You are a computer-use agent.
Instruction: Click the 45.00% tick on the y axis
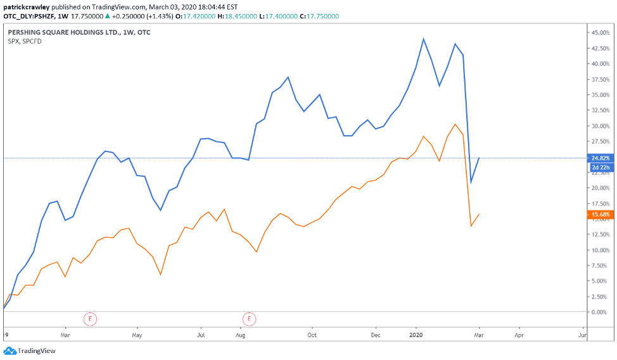point(599,32)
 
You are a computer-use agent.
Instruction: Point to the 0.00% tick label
point(601,312)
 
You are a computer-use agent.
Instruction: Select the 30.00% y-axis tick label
point(599,125)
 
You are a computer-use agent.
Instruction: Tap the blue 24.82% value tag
point(601,158)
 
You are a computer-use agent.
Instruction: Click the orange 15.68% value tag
point(601,215)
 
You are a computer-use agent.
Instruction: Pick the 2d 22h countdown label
point(601,168)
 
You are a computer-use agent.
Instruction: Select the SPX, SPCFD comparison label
point(24,41)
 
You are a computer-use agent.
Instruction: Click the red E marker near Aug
point(250,319)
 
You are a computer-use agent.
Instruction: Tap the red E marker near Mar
point(91,319)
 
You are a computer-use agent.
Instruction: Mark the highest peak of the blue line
point(423,39)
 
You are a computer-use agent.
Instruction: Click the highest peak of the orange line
point(455,124)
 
